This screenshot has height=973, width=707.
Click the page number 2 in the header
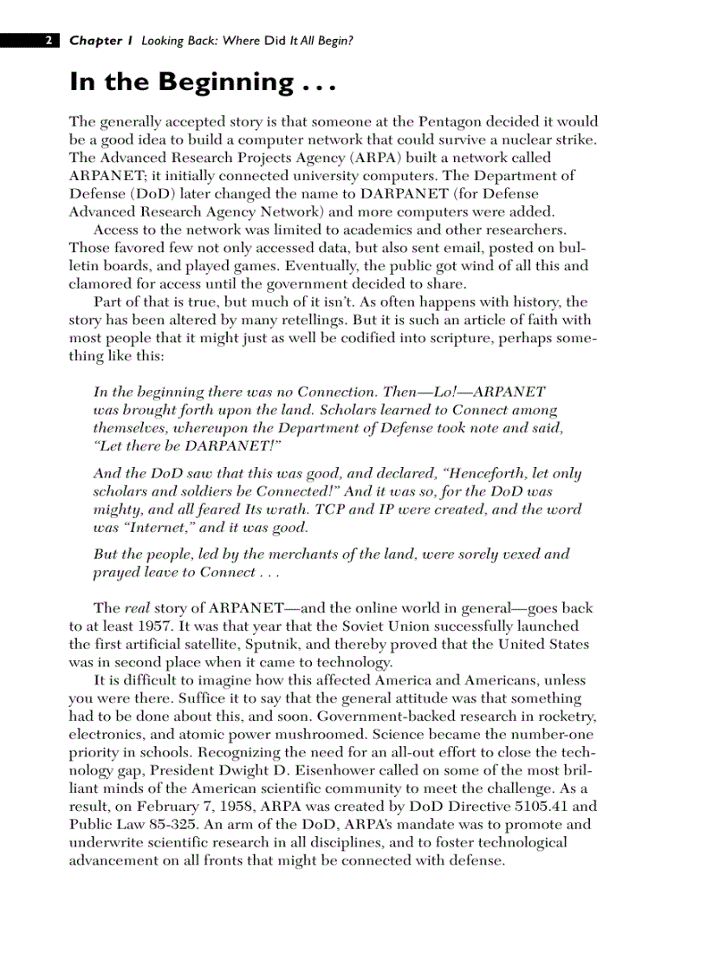tap(49, 41)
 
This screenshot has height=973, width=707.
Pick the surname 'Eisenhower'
tap(370, 770)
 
